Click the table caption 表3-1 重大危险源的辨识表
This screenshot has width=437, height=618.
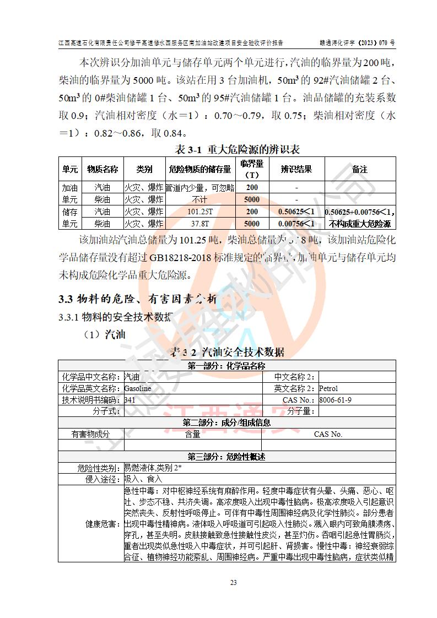pos(237,149)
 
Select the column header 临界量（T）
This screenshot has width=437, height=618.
pos(252,169)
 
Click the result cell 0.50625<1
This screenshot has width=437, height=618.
pos(296,212)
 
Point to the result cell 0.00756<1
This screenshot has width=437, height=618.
pos(296,224)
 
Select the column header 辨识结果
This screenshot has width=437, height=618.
pos(296,169)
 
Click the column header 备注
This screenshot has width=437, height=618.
pos(360,169)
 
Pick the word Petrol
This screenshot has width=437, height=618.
pos(328,388)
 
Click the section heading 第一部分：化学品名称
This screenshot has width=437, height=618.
pos(226,366)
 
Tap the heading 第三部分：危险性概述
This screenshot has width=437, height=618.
pos(226,457)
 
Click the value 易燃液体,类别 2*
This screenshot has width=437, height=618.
pos(153,468)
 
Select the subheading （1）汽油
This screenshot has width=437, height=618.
pos(105,335)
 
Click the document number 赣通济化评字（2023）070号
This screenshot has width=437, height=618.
pos(357,42)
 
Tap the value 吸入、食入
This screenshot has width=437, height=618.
pos(141,479)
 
